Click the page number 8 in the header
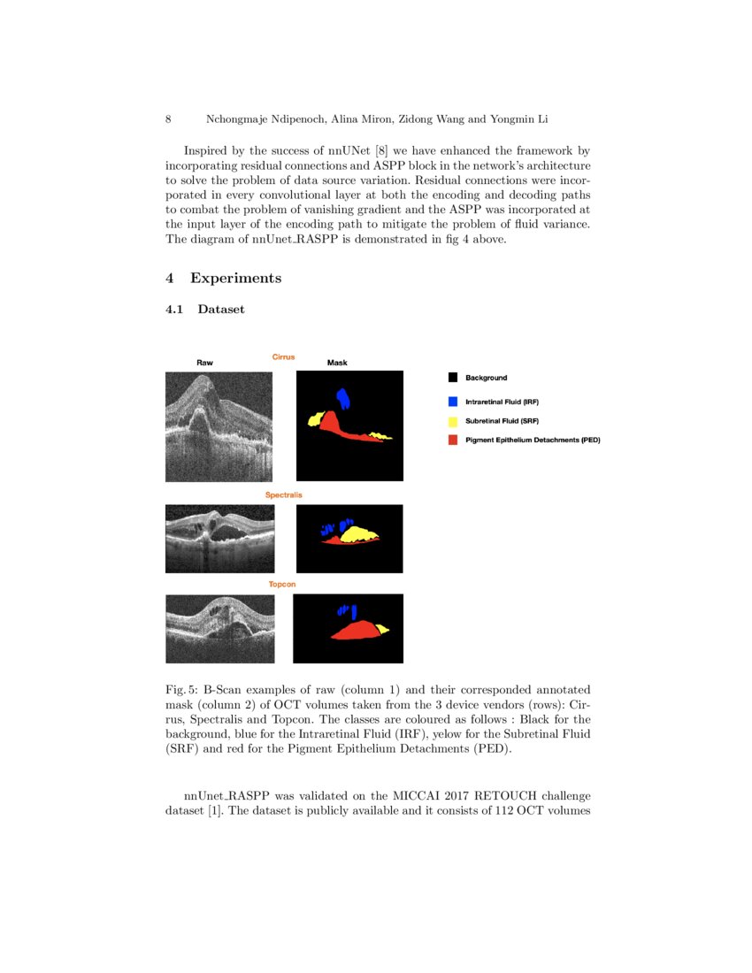pyautogui.click(x=168, y=119)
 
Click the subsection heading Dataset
pyautogui.click(x=221, y=310)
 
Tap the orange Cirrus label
pyautogui.click(x=283, y=357)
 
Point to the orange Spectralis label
pyautogui.click(x=283, y=495)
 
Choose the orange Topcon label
pyautogui.click(x=282, y=585)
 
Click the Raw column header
pyautogui.click(x=204, y=363)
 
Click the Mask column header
pyautogui.click(x=337, y=363)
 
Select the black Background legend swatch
pyautogui.click(x=453, y=378)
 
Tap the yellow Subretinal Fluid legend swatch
pyautogui.click(x=453, y=421)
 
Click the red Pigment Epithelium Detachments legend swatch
pyautogui.click(x=453, y=440)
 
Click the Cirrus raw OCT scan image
pyautogui.click(x=219, y=425)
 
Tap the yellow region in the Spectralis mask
pyautogui.click(x=358, y=533)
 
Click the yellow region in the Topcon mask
pyautogui.click(x=382, y=629)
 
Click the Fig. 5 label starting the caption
pyautogui.click(x=182, y=689)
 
